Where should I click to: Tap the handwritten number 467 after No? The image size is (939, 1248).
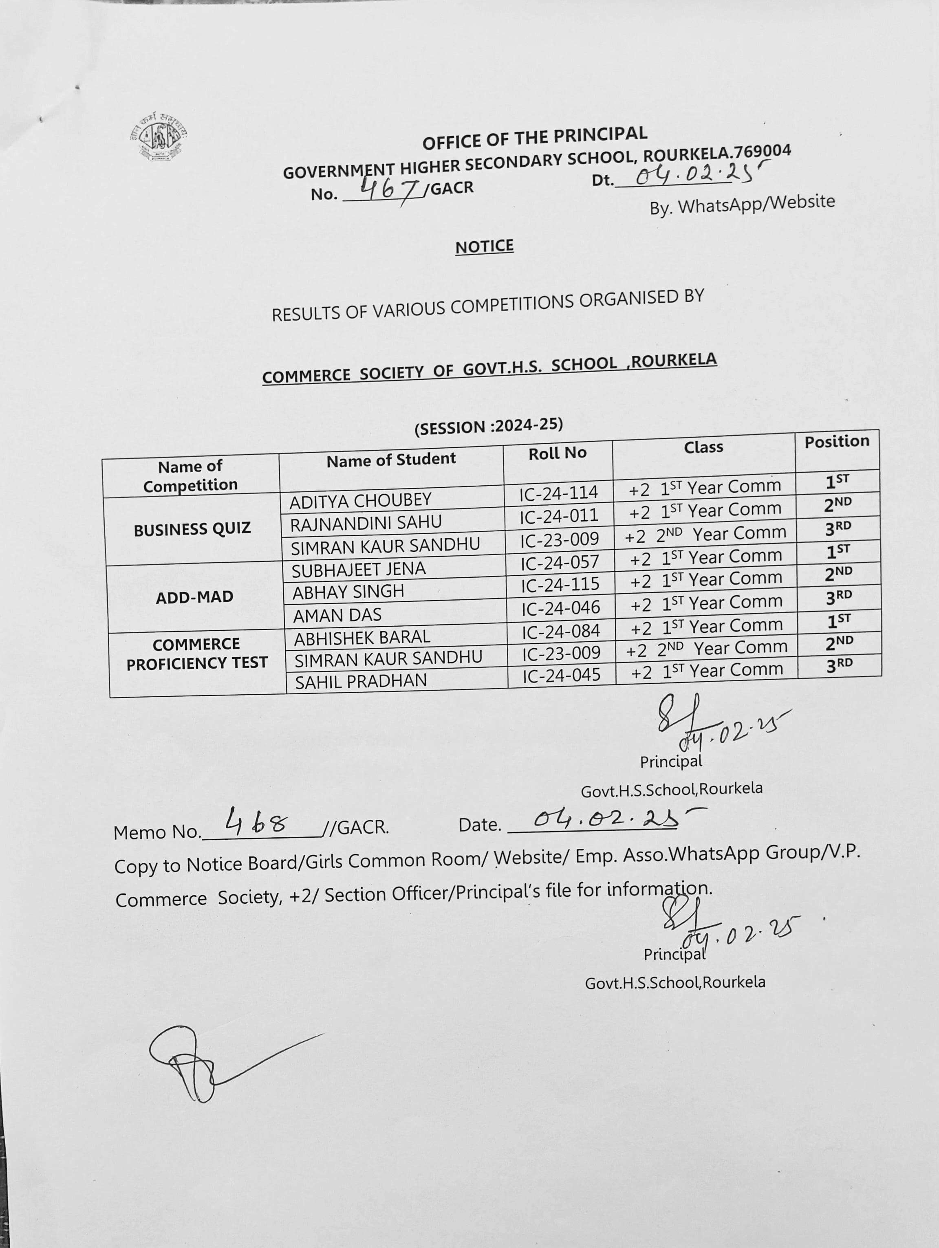click(x=388, y=189)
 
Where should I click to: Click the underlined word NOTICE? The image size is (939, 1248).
click(x=484, y=247)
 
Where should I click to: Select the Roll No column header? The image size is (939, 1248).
click(x=558, y=453)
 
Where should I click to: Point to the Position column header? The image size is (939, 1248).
click(x=837, y=441)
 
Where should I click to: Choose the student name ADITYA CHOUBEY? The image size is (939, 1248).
click(x=360, y=500)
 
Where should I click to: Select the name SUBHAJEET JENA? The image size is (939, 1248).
click(x=358, y=569)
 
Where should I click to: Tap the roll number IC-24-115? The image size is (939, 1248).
click(x=560, y=585)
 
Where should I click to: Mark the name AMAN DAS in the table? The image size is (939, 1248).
click(x=337, y=615)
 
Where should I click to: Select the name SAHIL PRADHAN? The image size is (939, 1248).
click(x=361, y=682)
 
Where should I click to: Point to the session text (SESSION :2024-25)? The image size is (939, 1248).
click(x=489, y=427)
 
